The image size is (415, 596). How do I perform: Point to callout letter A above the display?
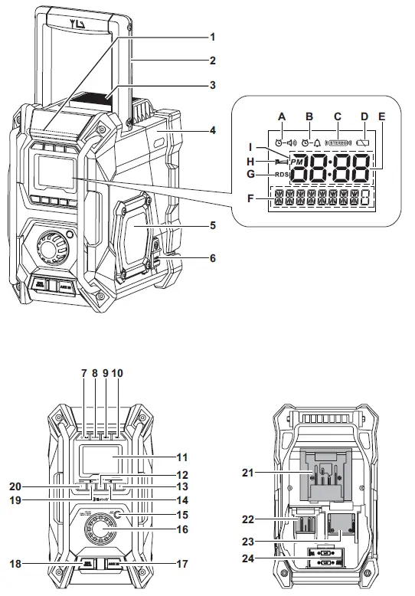coord(281,116)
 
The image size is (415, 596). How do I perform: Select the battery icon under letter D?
coord(364,142)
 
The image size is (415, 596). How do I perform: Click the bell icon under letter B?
coord(317,142)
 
